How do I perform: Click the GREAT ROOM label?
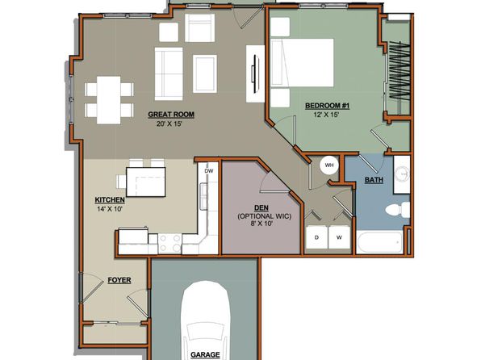click(x=171, y=115)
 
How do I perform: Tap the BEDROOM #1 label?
click(x=328, y=106)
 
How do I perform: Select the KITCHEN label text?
click(x=110, y=200)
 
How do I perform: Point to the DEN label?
click(x=261, y=207)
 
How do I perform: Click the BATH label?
click(x=374, y=180)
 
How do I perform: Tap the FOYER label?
click(x=119, y=280)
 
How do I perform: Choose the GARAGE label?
click(x=205, y=355)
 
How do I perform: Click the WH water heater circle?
click(x=329, y=165)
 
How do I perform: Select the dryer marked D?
click(x=317, y=237)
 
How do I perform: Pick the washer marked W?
click(x=339, y=237)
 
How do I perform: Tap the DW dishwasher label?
click(x=209, y=171)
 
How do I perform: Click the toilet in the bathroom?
click(x=398, y=210)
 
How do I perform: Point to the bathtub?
click(x=380, y=242)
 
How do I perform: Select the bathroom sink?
click(x=402, y=174)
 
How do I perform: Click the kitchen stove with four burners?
click(x=170, y=244)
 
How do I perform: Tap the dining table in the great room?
click(x=109, y=100)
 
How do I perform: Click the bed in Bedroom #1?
click(x=302, y=62)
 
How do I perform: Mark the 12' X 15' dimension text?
click(x=326, y=115)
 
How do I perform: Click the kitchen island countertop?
click(x=146, y=182)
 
